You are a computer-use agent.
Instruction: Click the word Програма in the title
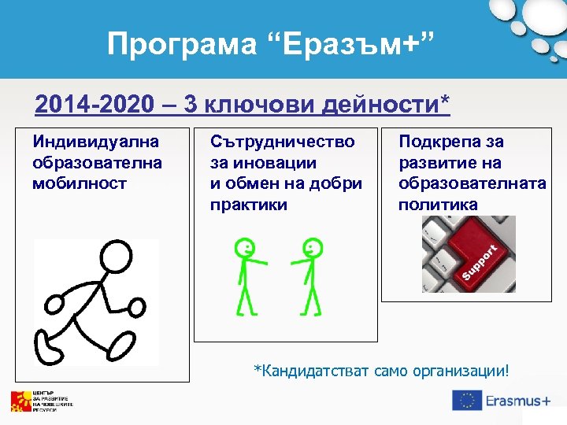(181, 44)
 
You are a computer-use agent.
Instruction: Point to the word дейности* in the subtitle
(395, 105)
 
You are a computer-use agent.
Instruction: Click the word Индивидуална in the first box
(95, 142)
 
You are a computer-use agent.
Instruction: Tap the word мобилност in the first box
(80, 183)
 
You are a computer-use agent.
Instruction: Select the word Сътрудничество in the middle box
(282, 142)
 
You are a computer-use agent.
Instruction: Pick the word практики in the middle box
(249, 205)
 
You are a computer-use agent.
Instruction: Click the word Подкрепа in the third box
(433, 142)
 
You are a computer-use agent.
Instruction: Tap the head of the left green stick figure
(245, 248)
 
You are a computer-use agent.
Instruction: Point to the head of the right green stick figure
(313, 248)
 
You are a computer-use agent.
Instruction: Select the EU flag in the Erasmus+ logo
(467, 401)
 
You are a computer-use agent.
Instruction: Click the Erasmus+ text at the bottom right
(517, 401)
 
